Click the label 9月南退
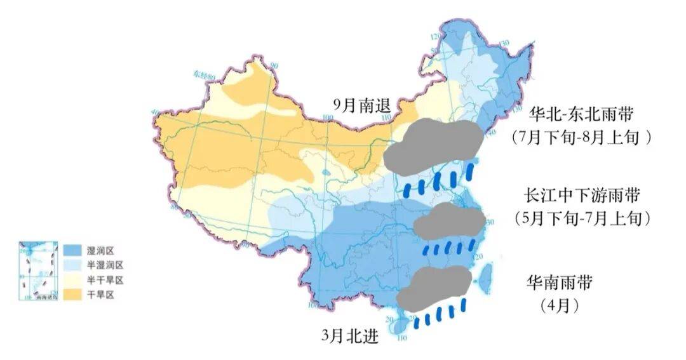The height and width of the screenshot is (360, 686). click(364, 105)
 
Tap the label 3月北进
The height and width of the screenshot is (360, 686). click(350, 335)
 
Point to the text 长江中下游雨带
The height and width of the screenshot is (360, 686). click(582, 195)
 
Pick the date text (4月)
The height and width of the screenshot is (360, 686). click(560, 305)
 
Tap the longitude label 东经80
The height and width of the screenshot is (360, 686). click(206, 75)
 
